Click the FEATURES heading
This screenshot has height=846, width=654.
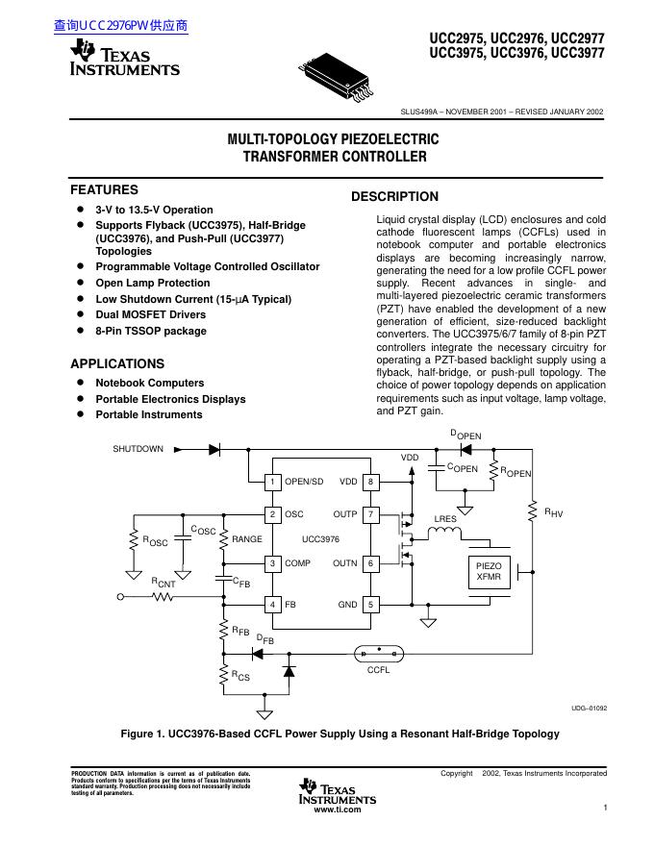point(104,190)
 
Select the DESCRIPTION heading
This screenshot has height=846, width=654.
point(394,197)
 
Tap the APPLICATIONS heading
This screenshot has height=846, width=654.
point(117,364)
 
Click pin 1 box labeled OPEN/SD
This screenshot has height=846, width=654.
point(273,482)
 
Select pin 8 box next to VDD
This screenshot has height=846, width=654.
point(371,482)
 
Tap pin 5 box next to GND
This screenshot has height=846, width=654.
point(371,605)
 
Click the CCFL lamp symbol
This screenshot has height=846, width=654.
point(379,650)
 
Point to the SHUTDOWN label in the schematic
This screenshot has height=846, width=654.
point(138,449)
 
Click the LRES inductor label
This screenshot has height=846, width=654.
point(445,519)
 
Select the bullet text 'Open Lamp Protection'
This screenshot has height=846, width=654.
point(152,283)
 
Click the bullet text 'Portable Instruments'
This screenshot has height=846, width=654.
point(148,414)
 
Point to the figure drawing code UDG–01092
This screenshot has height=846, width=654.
point(588,709)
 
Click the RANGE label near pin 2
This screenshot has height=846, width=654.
point(246,540)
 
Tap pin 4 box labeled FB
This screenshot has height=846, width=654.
point(273,605)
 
